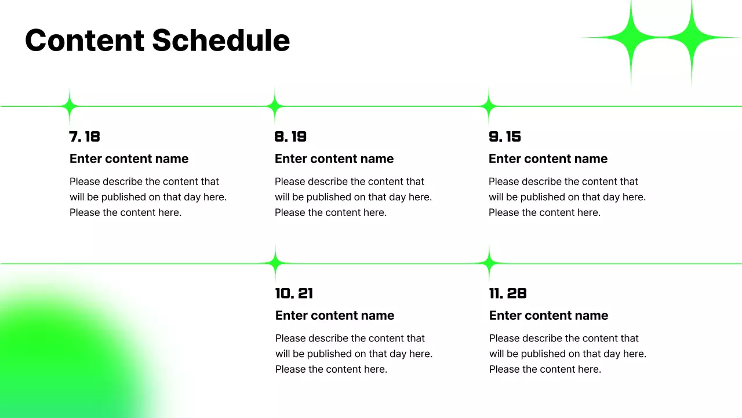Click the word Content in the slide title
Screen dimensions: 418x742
point(84,41)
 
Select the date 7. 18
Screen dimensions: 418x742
point(85,137)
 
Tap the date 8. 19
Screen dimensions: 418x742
point(290,137)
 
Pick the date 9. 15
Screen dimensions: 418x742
point(505,137)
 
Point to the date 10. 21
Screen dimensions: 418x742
point(294,294)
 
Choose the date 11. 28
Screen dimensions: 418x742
point(508,294)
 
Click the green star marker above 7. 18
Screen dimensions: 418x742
point(70,106)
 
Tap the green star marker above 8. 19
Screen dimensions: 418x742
point(275,106)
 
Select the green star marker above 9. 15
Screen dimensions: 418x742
point(489,106)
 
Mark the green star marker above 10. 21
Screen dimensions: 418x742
point(275,264)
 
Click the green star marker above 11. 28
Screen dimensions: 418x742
point(489,264)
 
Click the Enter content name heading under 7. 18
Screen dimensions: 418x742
point(129,159)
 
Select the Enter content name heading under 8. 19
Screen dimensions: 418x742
point(334,159)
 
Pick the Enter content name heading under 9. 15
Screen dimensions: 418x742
point(548,159)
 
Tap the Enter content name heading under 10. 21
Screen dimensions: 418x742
point(334,316)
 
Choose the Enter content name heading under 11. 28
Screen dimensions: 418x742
point(548,316)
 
